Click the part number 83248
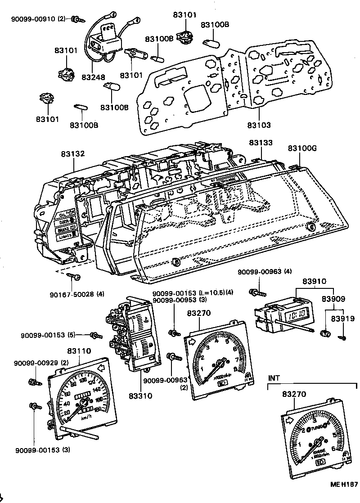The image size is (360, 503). (x=93, y=78)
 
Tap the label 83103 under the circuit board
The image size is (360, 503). (x=260, y=124)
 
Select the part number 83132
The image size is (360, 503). (x=73, y=154)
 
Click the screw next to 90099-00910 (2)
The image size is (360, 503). (x=76, y=19)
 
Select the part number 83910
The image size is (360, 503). (x=314, y=280)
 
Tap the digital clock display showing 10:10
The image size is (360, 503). (x=297, y=314)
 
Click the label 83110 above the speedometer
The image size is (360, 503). (x=79, y=351)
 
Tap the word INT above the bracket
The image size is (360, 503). (x=274, y=378)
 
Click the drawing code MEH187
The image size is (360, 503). (x=344, y=484)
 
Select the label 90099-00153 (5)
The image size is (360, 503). (x=48, y=335)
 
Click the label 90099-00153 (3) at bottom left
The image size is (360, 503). (x=42, y=449)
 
